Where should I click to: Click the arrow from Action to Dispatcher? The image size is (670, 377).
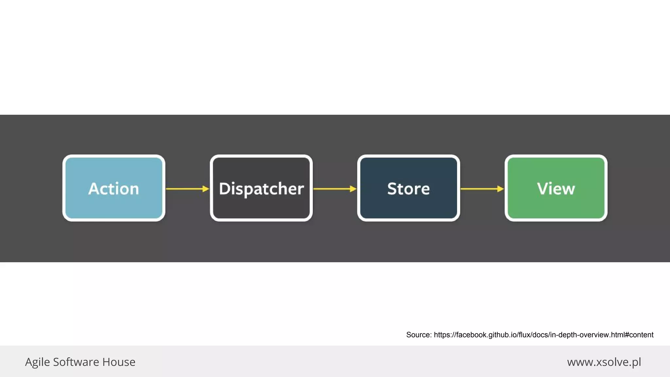coord(185,189)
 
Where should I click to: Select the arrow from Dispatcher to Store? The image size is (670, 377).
coord(332,189)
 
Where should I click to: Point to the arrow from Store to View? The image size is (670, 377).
coord(479,189)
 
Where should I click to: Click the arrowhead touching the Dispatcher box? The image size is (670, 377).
coord(206,189)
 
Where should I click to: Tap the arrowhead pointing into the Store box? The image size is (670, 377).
coord(353,189)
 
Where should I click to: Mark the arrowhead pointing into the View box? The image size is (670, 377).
coord(501,189)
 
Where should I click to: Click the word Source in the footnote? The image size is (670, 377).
coord(418,335)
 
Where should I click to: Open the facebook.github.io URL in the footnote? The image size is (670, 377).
coord(543,335)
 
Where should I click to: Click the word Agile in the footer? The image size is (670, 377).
coord(37,362)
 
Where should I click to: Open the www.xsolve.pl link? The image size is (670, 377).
coord(604,362)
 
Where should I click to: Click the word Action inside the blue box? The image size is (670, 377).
coord(114,189)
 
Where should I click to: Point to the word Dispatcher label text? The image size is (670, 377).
coord(261,189)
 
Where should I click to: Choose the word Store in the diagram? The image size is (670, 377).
coord(408,189)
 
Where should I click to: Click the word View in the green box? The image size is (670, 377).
coord(556,189)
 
